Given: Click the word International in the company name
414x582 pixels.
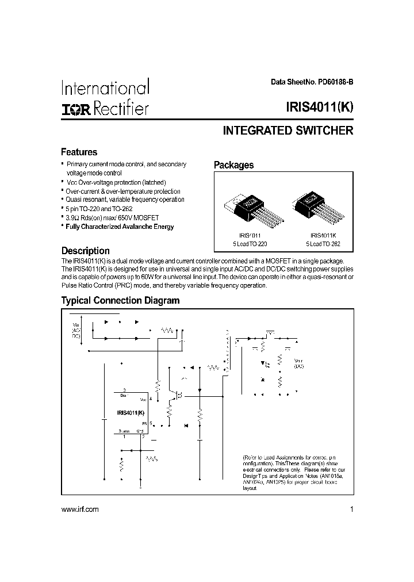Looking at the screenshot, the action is click(105, 89).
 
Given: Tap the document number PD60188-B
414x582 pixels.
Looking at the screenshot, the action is click(333, 82).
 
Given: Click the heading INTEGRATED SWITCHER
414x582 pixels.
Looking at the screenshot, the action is click(287, 131).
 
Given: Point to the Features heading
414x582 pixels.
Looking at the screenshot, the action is click(79, 152).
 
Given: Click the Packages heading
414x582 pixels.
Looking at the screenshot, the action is click(233, 165).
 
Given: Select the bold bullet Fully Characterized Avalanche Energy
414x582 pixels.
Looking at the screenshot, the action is click(120, 227).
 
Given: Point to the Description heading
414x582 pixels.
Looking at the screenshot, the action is click(86, 251).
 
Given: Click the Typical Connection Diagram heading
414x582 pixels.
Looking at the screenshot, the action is click(121, 300).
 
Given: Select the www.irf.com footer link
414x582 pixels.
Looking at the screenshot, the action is click(79, 510).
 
